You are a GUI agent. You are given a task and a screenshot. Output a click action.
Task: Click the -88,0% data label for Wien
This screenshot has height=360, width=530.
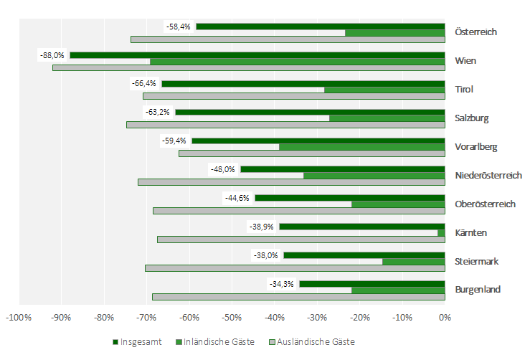[53, 55]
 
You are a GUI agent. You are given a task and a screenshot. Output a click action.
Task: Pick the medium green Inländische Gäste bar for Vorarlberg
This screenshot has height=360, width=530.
[361, 147]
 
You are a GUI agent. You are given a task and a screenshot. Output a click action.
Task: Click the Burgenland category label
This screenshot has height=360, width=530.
[477, 290]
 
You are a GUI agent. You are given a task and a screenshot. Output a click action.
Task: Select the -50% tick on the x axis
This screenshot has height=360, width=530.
[232, 316]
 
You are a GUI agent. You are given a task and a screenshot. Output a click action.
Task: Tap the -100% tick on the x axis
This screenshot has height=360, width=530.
[18, 316]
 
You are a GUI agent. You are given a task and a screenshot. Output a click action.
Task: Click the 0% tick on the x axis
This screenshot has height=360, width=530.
[445, 316]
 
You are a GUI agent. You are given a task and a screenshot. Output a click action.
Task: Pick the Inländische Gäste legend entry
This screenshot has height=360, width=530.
[219, 342]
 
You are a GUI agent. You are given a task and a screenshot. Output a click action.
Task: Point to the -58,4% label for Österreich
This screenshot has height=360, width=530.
[179, 27]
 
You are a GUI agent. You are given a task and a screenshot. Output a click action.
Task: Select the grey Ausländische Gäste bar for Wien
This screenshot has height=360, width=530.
[248, 68]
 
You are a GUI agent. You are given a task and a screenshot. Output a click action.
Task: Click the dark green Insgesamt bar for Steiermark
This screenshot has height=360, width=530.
[364, 255]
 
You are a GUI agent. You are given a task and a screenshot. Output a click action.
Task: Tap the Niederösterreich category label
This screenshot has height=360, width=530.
[488, 175]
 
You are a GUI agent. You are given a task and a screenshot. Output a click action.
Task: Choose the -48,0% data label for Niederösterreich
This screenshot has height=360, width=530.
[223, 169]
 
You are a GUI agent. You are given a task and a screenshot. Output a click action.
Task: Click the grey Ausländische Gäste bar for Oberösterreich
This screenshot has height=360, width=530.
[298, 211]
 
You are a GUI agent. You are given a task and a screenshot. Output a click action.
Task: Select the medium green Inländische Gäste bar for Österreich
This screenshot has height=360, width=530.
[394, 32]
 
